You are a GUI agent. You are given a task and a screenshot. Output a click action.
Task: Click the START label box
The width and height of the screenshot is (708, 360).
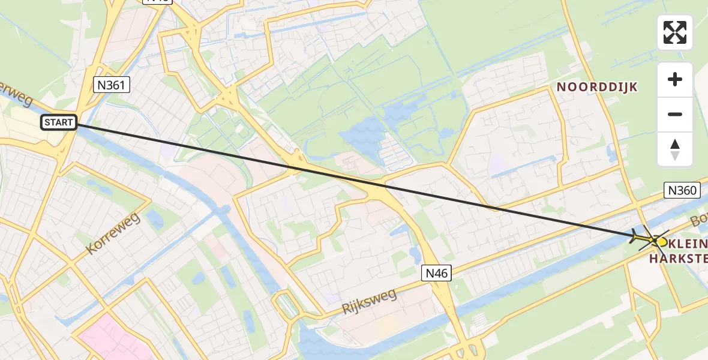click(59, 123)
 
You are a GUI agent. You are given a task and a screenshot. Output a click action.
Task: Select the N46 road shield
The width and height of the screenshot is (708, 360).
click(436, 272)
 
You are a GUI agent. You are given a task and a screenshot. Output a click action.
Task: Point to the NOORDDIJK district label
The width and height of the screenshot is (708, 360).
click(597, 87)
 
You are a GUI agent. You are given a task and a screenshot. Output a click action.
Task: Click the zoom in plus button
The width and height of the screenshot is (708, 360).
click(675, 79)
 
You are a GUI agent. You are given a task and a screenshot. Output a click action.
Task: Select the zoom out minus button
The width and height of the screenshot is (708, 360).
click(675, 114)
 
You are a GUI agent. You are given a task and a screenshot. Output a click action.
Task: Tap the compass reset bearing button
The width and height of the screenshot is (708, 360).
click(675, 149)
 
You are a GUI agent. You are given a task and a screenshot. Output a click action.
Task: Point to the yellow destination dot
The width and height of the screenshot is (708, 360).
click(661, 242)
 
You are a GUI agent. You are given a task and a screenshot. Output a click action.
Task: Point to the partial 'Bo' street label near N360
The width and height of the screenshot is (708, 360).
click(699, 219)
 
